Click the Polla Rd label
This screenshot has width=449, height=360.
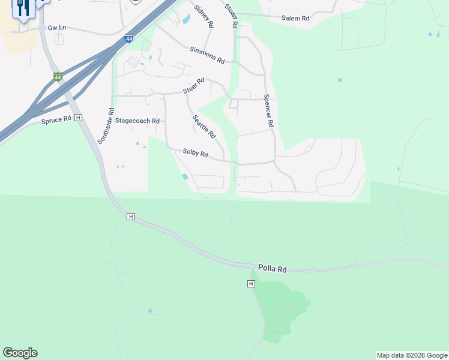tap(272, 268)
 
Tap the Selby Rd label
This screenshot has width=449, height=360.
tap(195, 154)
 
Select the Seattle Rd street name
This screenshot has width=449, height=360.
tap(203, 126)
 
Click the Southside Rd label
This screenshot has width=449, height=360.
tap(106, 126)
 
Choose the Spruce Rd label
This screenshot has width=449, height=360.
tap(56, 120)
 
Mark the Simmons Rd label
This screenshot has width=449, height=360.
tap(206, 56)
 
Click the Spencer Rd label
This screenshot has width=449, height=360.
tap(268, 110)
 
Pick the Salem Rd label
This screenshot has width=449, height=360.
tap(295, 19)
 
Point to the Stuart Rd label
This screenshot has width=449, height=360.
tap(231, 16)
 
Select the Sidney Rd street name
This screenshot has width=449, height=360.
tap(203, 16)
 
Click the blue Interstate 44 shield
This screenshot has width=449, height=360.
tap(129, 39)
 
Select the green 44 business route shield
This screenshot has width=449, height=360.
tap(58, 77)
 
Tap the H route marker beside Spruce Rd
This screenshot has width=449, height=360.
tap(78, 118)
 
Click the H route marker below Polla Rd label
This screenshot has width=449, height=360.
tap(251, 283)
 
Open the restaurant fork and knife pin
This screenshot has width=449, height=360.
tap(23, 9)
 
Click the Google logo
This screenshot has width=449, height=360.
tap(20, 353)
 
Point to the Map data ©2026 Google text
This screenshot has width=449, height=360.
tap(412, 355)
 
